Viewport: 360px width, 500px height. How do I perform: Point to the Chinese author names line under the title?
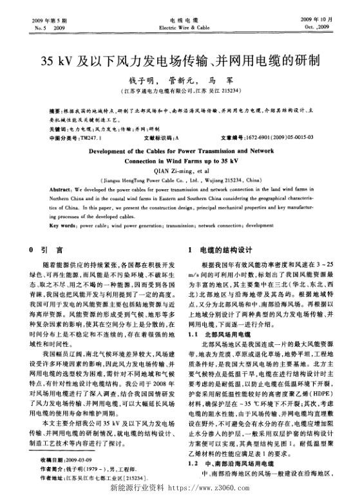[x=180, y=82]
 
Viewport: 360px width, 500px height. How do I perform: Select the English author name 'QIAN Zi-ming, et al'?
[x=180, y=171]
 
